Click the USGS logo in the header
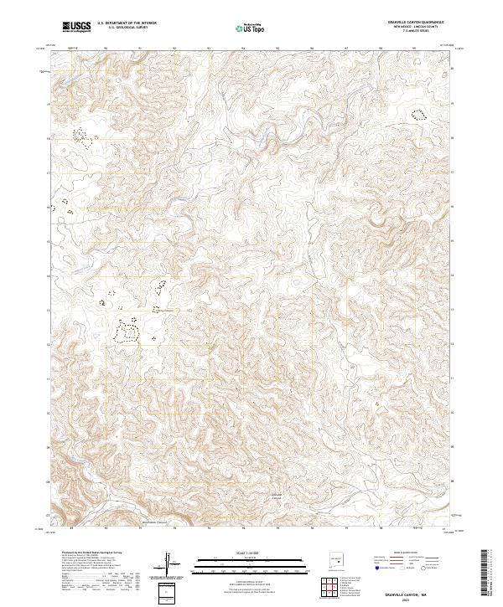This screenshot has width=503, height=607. click(75, 27)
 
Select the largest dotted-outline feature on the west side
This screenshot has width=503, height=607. click(127, 332)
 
